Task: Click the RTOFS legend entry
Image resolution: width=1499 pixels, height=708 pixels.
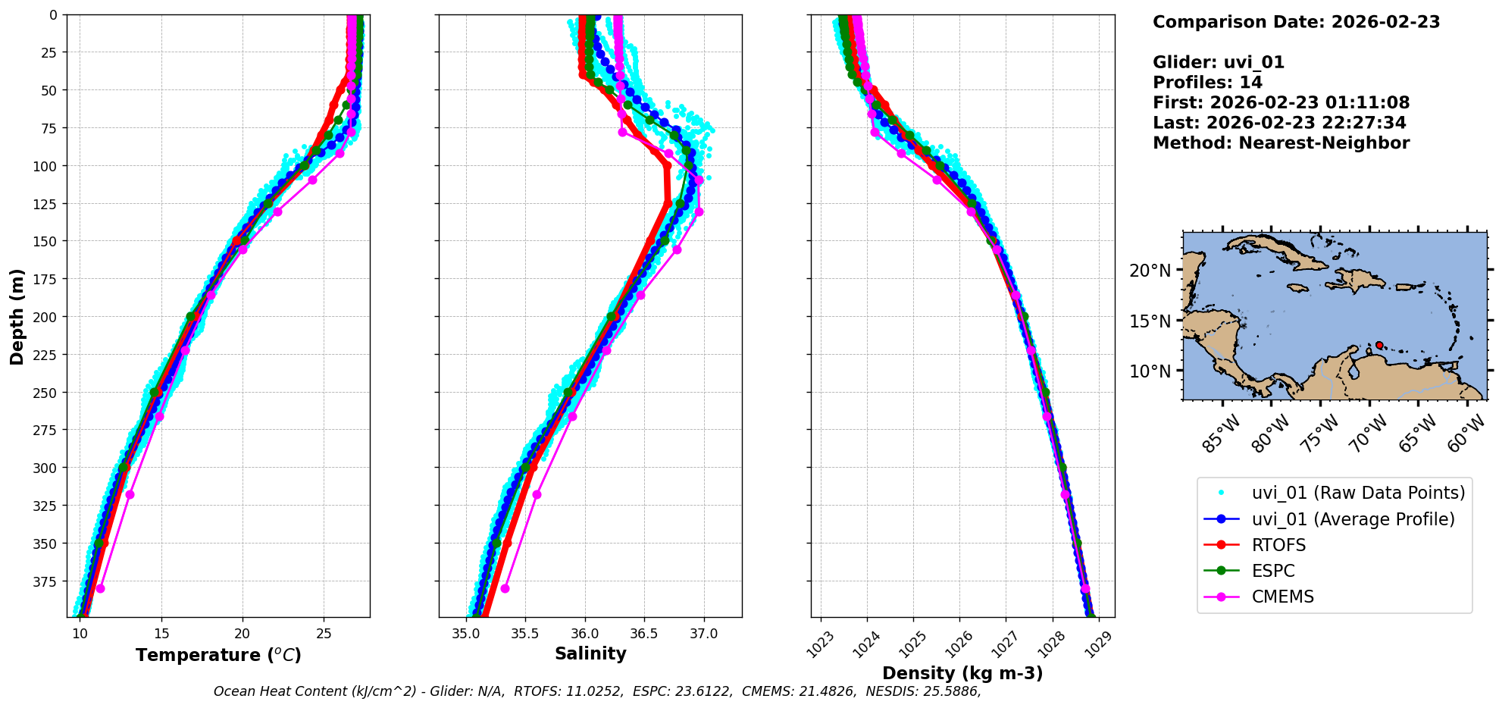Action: pyautogui.click(x=1278, y=545)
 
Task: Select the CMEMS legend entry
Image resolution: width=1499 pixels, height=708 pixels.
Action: pyautogui.click(x=1282, y=597)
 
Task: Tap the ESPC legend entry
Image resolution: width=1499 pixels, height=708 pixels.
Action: pyautogui.click(x=1273, y=571)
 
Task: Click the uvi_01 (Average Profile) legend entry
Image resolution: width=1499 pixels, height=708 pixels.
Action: pyautogui.click(x=1353, y=519)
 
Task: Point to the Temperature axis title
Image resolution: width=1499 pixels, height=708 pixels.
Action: pyautogui.click(x=218, y=655)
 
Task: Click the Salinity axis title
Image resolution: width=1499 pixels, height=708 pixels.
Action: pyautogui.click(x=590, y=654)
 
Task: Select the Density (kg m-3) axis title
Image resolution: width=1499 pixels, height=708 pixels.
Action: pyautogui.click(x=962, y=673)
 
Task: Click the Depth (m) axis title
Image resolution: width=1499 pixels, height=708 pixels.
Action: pyautogui.click(x=17, y=316)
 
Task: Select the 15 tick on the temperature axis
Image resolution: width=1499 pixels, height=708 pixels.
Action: pyautogui.click(x=161, y=634)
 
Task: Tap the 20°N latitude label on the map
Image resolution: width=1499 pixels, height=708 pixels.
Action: pyautogui.click(x=1150, y=271)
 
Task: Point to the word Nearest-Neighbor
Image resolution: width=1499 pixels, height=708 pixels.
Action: pyautogui.click(x=1324, y=143)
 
